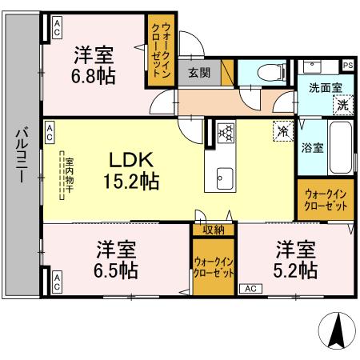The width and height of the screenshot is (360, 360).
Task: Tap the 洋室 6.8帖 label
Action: (94, 66)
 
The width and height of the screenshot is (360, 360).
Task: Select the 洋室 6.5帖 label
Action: (115, 258)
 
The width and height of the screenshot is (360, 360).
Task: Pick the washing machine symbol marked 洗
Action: (342, 103)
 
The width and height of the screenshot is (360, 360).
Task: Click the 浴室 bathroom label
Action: (311, 147)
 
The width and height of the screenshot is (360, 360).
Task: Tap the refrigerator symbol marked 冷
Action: (282, 129)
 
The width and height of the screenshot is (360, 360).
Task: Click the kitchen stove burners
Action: (226, 132)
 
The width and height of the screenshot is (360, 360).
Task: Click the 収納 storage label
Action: (213, 230)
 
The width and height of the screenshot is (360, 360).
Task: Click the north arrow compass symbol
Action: (336, 330)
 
